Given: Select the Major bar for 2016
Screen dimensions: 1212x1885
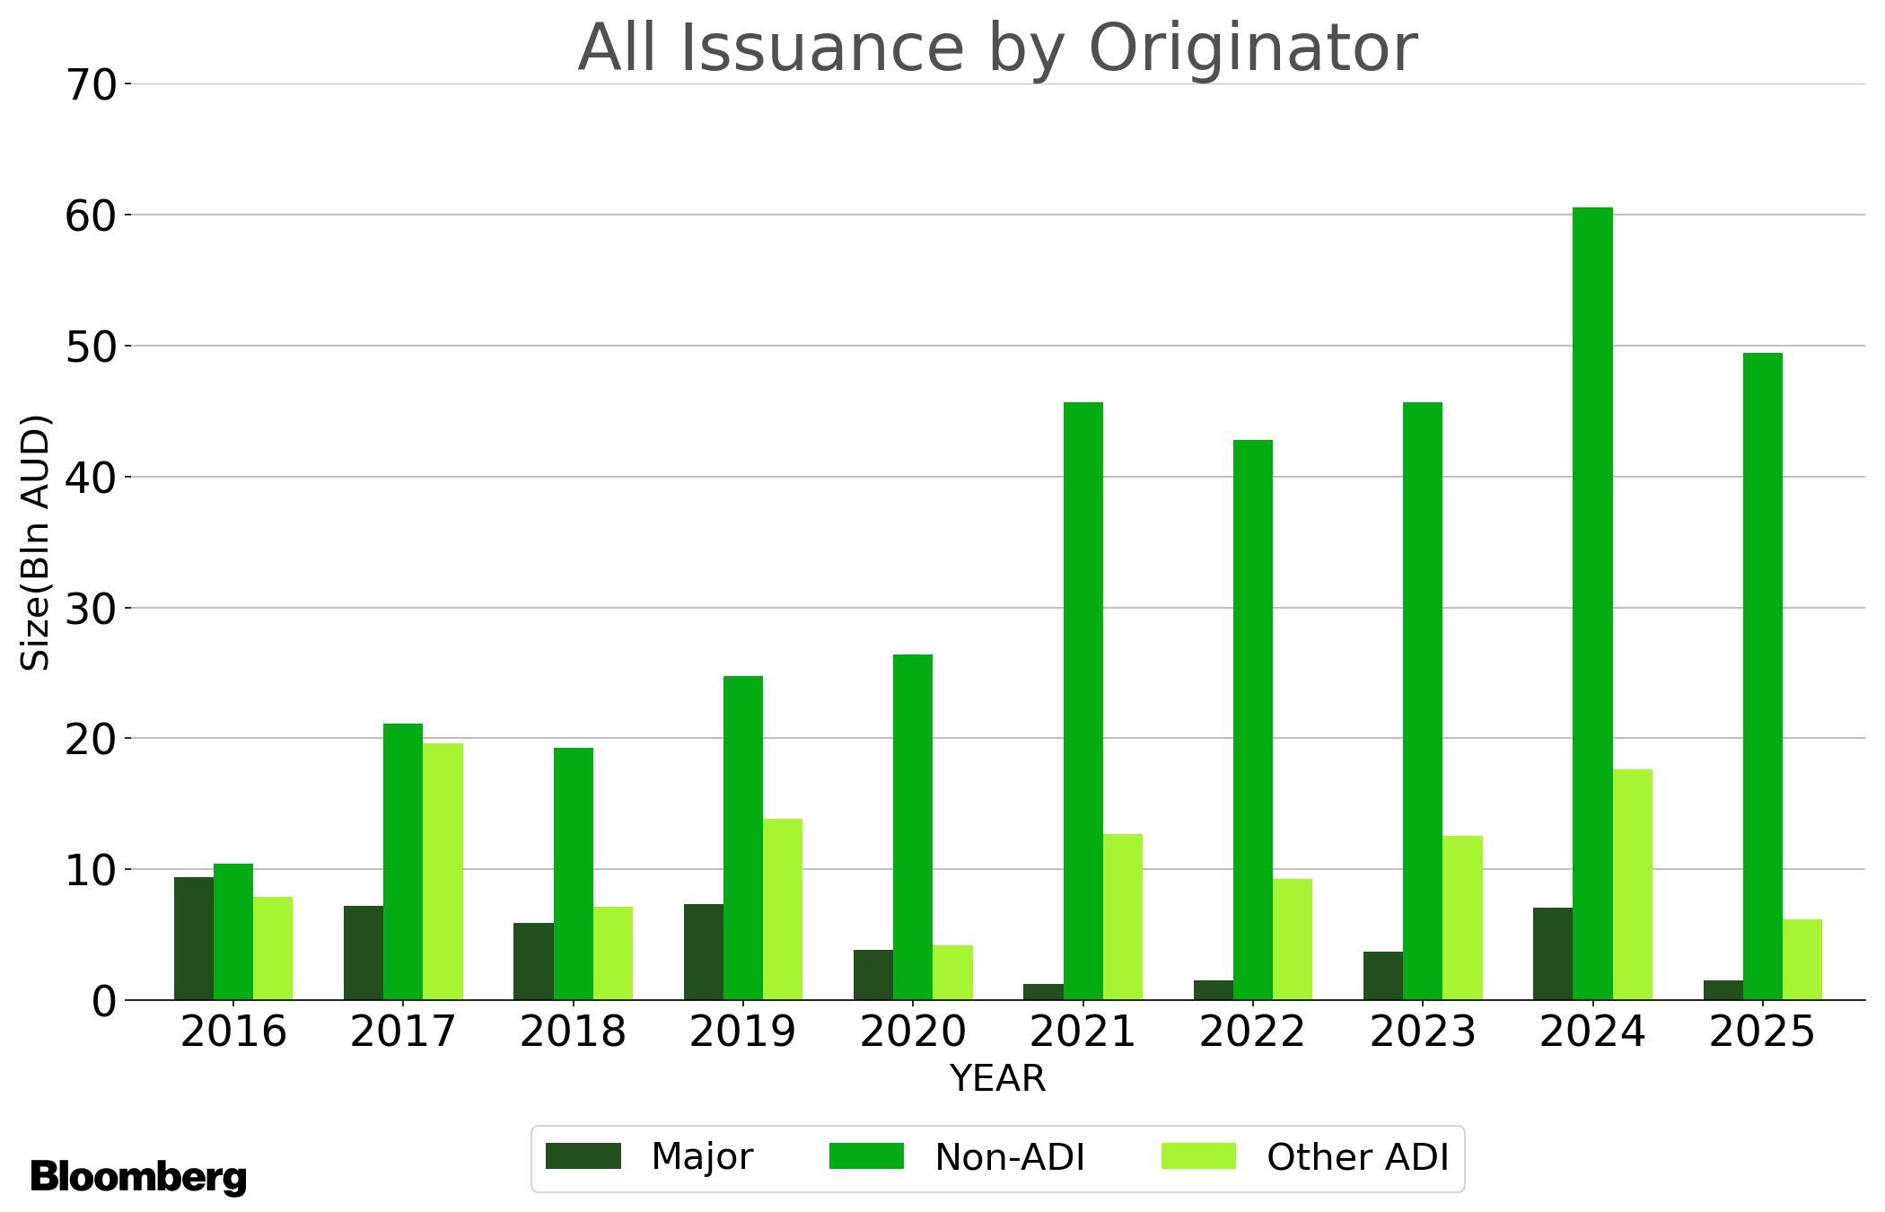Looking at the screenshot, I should (x=194, y=938).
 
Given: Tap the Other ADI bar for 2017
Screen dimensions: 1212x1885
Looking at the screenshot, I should (x=443, y=871).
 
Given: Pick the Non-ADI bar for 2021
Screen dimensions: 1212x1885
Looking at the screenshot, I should (x=1083, y=700).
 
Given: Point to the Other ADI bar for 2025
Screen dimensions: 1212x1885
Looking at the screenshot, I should (x=1802, y=959).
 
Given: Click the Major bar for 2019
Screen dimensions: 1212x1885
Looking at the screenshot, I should (x=703, y=952).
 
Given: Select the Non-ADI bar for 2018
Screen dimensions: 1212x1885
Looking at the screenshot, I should (x=573, y=874).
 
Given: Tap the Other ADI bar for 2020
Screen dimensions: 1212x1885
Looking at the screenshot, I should (x=952, y=972).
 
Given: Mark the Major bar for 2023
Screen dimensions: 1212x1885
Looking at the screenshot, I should (x=1382, y=975).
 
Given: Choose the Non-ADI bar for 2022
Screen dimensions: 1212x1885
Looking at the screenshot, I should (x=1252, y=719).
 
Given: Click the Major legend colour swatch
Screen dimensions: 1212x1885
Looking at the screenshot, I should (x=583, y=1155).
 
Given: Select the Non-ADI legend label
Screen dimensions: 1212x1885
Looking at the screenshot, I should (x=1010, y=1157).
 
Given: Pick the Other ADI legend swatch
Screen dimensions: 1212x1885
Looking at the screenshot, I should (x=1197, y=1155).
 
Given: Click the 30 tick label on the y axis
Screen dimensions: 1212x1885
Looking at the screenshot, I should (x=92, y=609).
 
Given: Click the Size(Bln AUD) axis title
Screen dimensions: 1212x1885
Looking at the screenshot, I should (x=36, y=542).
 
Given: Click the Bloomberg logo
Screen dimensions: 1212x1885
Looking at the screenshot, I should (x=138, y=1176).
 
